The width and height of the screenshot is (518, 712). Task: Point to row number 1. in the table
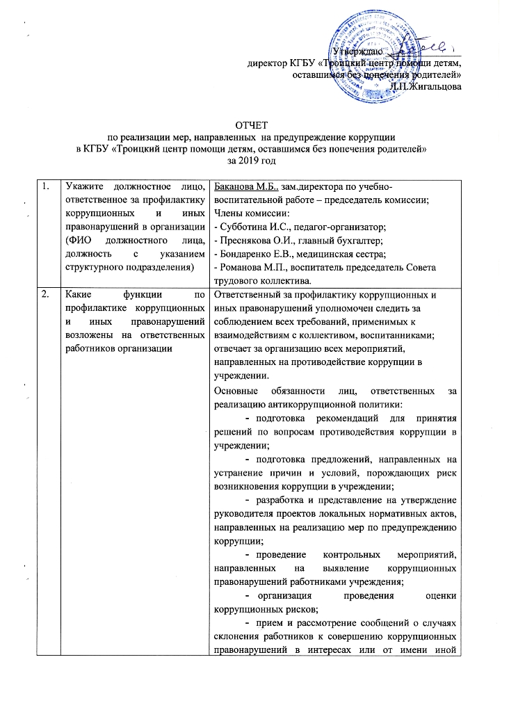(x=45, y=186)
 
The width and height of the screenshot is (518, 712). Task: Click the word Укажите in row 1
(x=81, y=186)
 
